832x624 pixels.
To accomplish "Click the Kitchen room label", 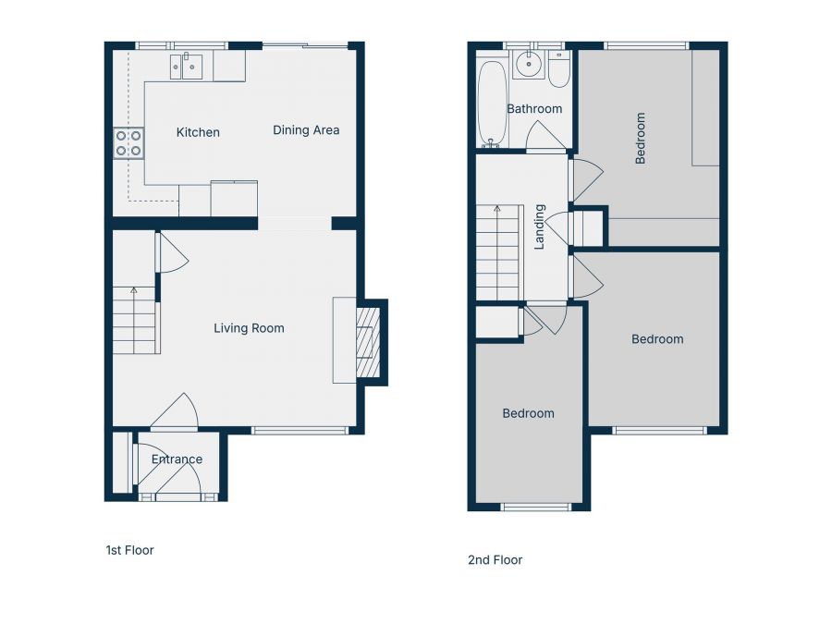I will pos(198,132).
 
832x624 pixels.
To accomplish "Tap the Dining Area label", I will pos(306,130).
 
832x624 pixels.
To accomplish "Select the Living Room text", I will pos(249,328).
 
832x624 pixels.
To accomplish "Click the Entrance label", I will pos(177,459).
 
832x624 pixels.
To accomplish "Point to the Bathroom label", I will pos(534,109).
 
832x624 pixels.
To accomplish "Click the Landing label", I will pos(540,226).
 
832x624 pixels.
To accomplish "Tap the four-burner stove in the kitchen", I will pos(128,143).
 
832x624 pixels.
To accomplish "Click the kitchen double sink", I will pos(186,66).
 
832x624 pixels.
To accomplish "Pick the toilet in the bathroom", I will pos(558,70).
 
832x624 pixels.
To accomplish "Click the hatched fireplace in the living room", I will pos(368,342).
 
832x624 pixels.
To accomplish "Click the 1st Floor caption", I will pos(129,550).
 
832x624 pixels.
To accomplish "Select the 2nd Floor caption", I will pos(495,560).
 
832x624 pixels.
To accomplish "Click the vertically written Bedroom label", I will pos(640,138).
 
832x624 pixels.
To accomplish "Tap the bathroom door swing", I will pos(545,138).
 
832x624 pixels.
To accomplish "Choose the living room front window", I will pos(300,430).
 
